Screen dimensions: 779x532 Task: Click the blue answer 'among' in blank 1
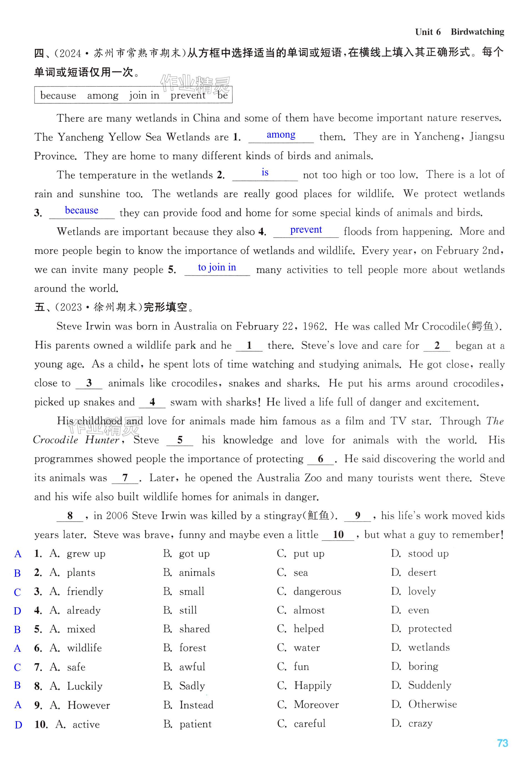tap(281, 135)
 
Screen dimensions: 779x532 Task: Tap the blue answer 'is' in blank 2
tap(265, 172)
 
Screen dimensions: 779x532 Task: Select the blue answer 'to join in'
tap(217, 267)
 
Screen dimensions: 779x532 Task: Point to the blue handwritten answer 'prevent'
tap(306, 230)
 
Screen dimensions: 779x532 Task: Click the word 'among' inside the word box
tap(103, 96)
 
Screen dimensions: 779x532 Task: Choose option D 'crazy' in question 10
tap(420, 723)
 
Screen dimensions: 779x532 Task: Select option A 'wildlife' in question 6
tap(84, 648)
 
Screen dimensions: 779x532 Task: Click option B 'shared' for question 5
tap(194, 629)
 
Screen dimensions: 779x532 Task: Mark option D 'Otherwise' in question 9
tap(432, 704)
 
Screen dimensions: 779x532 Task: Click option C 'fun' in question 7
tap(301, 667)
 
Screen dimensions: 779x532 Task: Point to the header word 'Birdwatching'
tap(477, 32)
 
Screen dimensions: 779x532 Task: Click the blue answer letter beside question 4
tap(18, 611)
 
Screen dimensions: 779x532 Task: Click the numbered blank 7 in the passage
tap(125, 478)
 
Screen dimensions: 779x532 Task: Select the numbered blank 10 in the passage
tap(338, 535)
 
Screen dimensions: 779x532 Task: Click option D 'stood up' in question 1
tap(428, 553)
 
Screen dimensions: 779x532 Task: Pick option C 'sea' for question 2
tap(300, 573)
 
